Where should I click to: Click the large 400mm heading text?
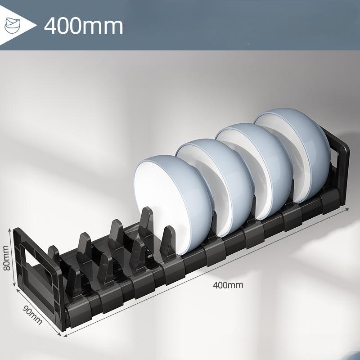tap(84, 26)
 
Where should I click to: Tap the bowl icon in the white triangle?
tap(13, 25)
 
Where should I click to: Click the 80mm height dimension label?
tap(6, 258)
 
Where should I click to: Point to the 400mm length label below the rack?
tap(228, 285)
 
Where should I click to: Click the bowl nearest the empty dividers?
tap(173, 203)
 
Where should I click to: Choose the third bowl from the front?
tap(255, 171)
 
